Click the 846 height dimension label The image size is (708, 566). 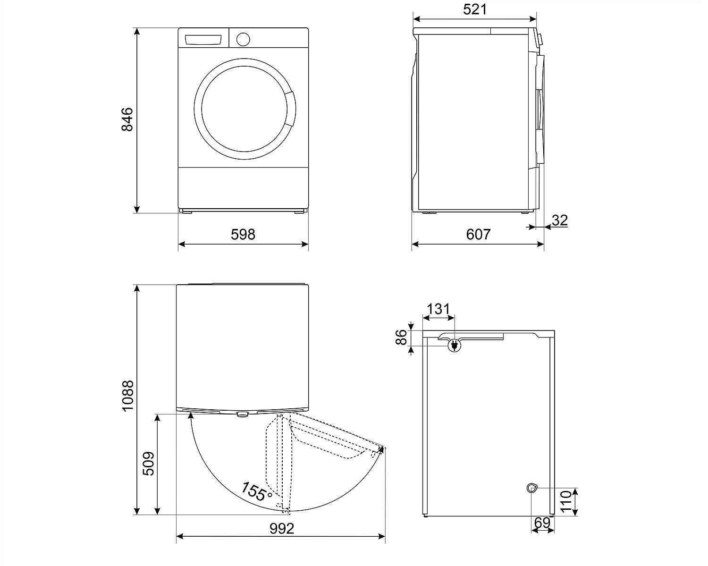coord(127,119)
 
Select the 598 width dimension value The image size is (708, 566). coord(243,235)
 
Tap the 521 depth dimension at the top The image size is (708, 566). coord(475,9)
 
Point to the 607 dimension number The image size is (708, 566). coord(478,235)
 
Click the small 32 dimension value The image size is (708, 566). coord(560,220)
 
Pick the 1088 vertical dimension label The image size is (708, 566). coord(127,396)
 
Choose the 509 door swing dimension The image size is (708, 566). coord(148,464)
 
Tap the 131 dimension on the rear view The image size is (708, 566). coord(438,309)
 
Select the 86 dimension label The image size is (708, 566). coord(401,338)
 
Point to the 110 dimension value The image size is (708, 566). coord(566,501)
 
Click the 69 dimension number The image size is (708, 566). coord(542,523)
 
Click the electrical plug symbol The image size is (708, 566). coord(454,345)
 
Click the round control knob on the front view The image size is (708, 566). coord(243,39)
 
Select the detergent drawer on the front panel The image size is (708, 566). coord(202,40)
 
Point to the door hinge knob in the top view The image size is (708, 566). coord(242,414)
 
